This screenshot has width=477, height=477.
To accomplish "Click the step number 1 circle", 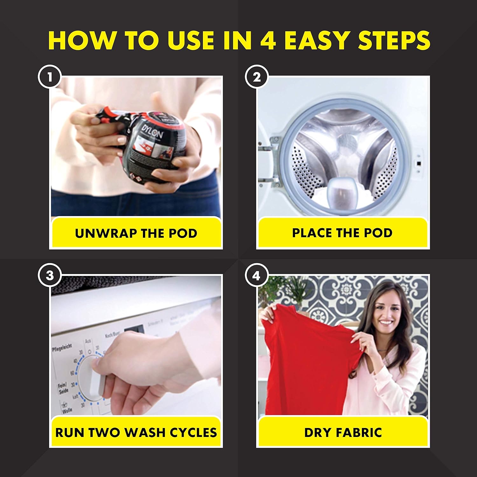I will pos(50,77).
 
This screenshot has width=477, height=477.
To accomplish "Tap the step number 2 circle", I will pos(257,77).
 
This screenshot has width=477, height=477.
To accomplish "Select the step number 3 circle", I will pos(50,275).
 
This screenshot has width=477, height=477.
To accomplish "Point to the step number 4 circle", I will pos(257,275).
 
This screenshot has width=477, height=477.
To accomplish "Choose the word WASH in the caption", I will pos(144,432).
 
